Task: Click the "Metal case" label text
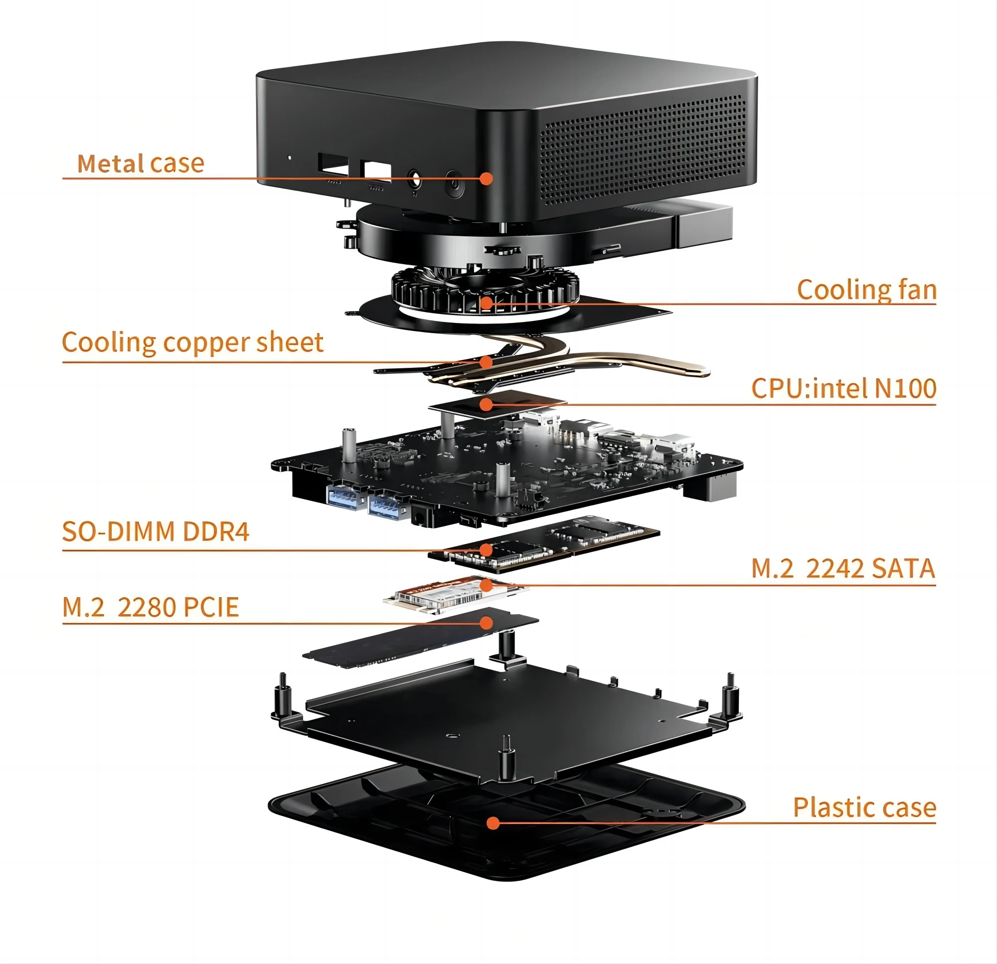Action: [x=141, y=163]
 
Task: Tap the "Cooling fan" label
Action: [x=866, y=290]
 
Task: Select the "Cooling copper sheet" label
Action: [x=192, y=342]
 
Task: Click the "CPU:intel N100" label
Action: [x=843, y=389]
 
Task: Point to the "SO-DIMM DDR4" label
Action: [x=156, y=532]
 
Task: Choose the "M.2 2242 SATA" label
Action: [x=843, y=569]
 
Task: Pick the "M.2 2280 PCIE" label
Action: [x=151, y=607]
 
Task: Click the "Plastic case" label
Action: [x=864, y=807]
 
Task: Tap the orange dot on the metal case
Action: [x=487, y=178]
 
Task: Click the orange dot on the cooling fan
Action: [x=487, y=303]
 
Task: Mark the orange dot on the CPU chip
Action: [x=487, y=404]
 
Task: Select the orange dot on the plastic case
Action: [x=493, y=822]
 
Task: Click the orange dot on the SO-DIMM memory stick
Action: [x=487, y=549]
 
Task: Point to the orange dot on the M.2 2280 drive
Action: [x=487, y=623]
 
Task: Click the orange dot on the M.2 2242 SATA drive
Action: [x=487, y=585]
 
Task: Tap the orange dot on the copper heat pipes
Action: [x=487, y=362]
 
